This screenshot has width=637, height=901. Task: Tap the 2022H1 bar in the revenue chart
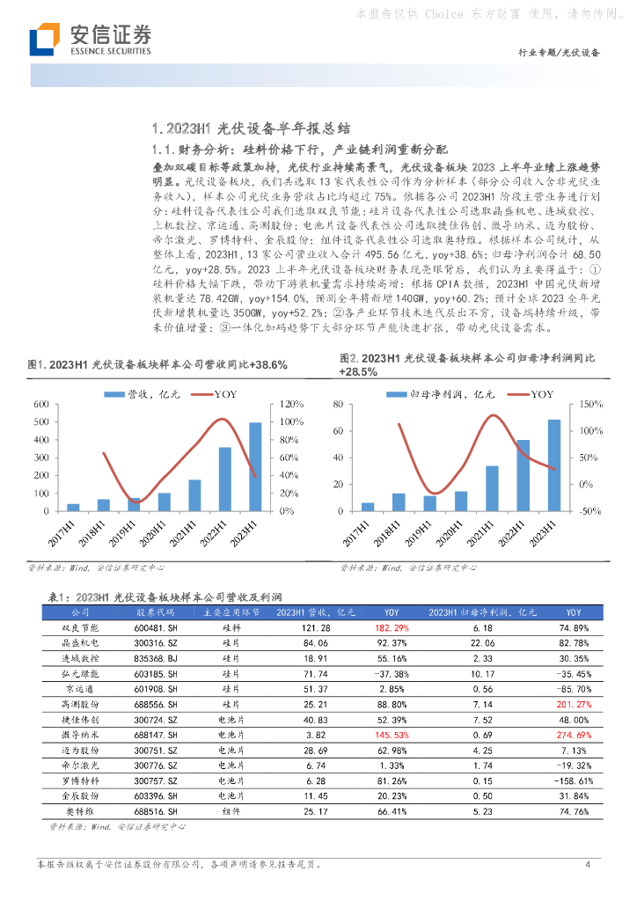[x=225, y=479]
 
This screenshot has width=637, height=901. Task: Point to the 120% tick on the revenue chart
[x=290, y=404]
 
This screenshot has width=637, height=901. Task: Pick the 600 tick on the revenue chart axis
[x=41, y=404]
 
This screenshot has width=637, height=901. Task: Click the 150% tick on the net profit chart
[x=589, y=404]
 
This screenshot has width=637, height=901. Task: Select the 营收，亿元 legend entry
[x=143, y=394]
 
